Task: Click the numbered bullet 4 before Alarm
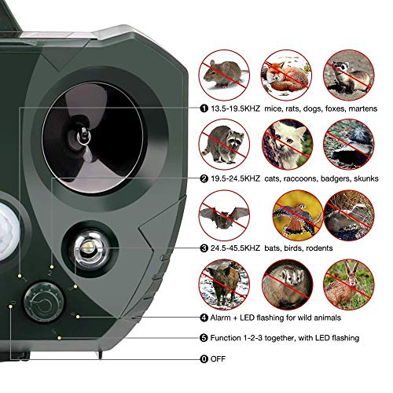point(204,318)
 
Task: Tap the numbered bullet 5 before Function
point(204,338)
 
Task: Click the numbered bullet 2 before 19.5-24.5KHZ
point(204,179)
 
